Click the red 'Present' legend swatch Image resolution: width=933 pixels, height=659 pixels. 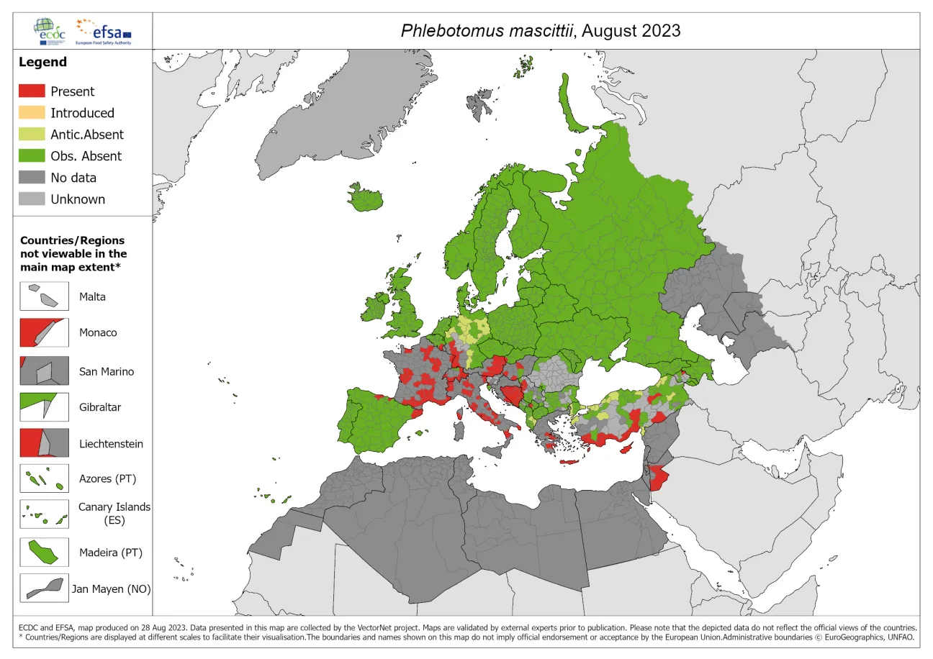(32, 91)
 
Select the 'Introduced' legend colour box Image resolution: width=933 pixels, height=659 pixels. (32, 113)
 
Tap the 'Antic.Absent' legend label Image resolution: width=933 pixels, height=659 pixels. (86, 135)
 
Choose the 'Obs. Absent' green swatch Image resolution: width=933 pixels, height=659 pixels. (32, 156)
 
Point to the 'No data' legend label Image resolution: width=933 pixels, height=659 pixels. (73, 178)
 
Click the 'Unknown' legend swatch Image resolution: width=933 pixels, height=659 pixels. (32, 199)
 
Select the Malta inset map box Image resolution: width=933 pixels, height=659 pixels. (44, 296)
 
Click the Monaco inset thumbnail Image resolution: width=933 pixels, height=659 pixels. (44, 332)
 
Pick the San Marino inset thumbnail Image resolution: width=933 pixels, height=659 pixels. (44, 371)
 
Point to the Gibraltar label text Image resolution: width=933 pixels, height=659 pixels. (100, 407)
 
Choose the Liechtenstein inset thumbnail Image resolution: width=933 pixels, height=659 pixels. (44, 443)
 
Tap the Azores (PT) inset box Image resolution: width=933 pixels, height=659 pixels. (44, 478)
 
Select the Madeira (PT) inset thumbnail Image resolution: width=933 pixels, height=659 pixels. (44, 553)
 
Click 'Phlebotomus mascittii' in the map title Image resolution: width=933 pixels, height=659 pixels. (487, 31)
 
